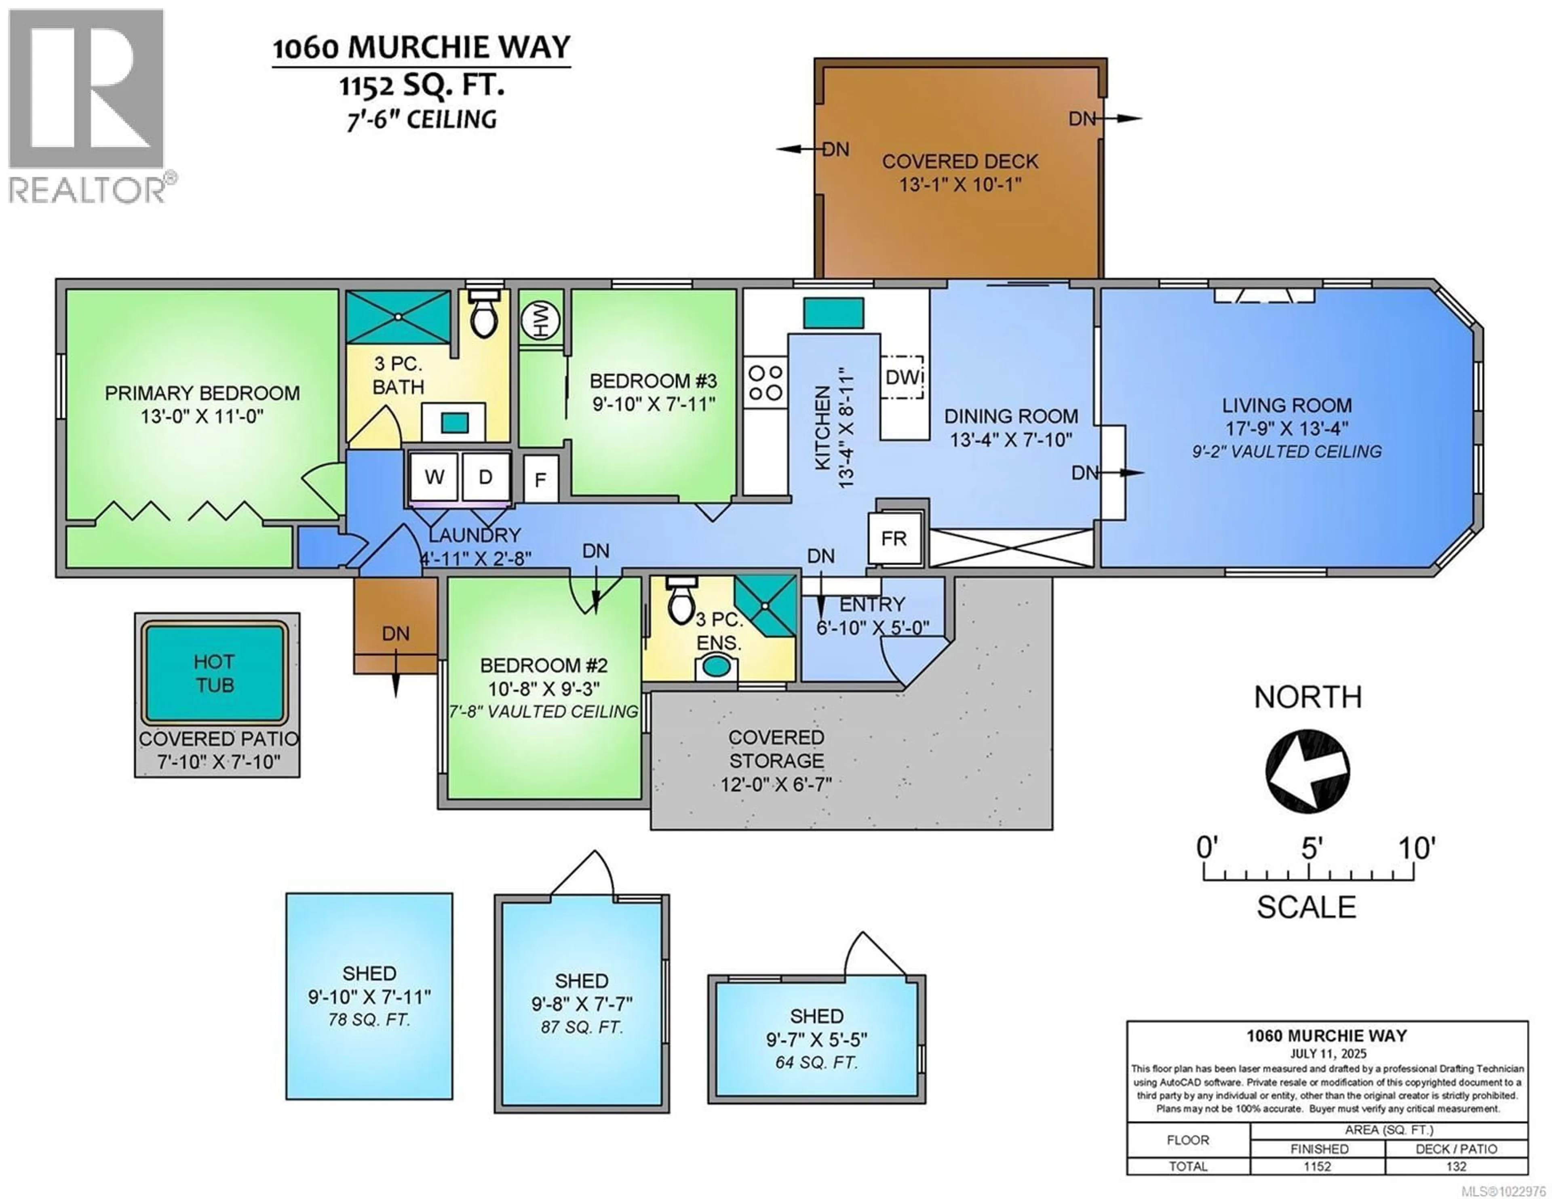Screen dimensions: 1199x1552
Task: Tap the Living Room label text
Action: point(1286,405)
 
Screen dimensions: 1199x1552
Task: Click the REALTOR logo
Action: point(87,107)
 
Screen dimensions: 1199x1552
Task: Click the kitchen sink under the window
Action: point(833,313)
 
